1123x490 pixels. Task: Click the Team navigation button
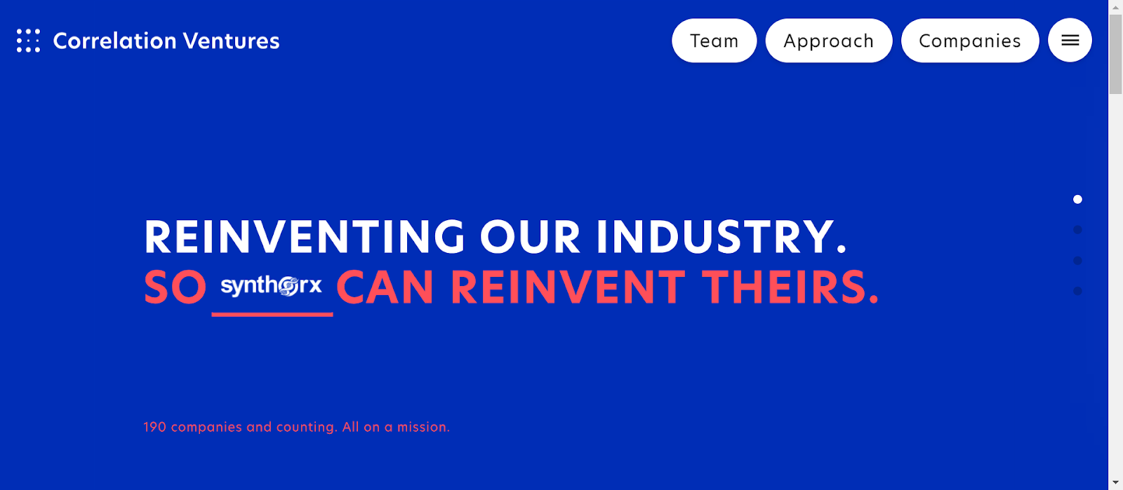714,41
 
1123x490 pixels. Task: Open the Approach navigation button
829,41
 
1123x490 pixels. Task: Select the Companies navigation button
969,41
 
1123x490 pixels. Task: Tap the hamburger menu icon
1070,40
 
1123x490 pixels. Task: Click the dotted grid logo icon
28,41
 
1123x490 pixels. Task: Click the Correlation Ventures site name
166,41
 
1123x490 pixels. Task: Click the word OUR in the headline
530,237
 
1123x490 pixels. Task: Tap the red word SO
175,287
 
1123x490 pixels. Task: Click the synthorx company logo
271,286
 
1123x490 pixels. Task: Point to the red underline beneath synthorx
272,314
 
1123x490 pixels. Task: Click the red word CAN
385,287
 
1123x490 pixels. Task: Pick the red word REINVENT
568,287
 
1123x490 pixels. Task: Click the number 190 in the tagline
154,427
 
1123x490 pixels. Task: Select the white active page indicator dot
1077,199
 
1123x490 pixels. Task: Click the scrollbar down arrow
1115,482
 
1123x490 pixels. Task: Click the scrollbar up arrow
1115,7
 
